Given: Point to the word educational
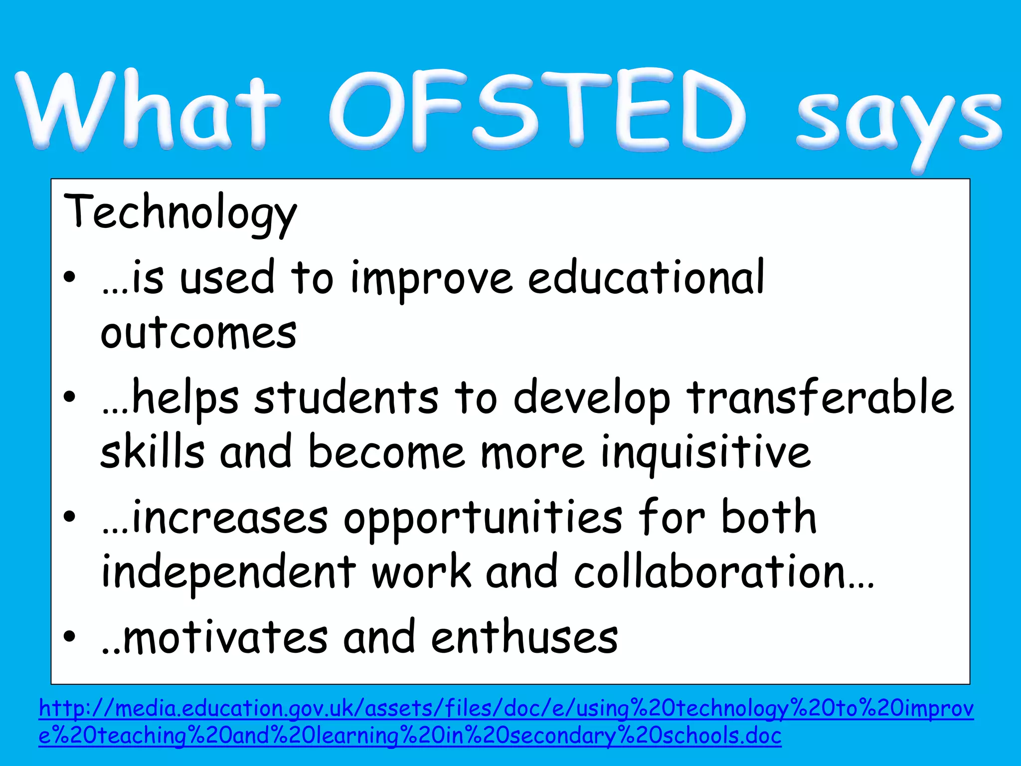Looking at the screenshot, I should (646, 278).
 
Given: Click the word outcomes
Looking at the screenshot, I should (198, 333).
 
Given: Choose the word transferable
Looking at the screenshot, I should (820, 397).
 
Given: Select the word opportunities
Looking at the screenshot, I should (483, 519).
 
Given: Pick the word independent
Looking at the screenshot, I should (228, 572).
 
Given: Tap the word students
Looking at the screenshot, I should (346, 397).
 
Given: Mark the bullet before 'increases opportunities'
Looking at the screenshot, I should (70, 516).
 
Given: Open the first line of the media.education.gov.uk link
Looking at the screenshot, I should (506, 709).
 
